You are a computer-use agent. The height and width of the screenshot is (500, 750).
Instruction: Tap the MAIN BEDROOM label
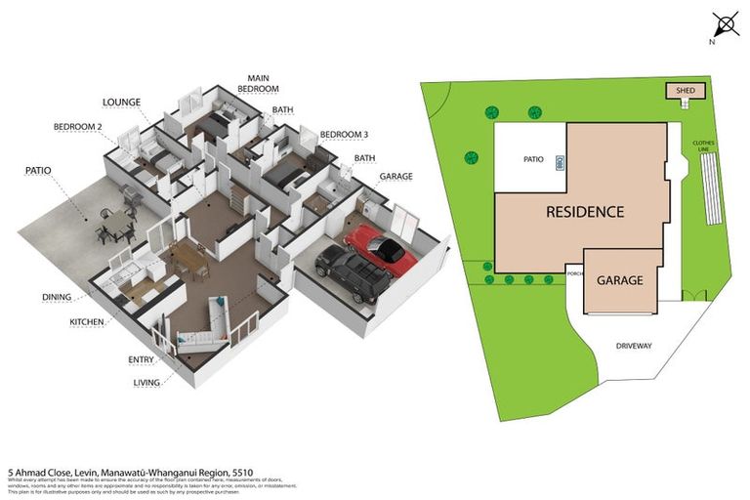pyautogui.click(x=259, y=83)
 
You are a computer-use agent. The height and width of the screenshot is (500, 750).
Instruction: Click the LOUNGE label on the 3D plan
pyautogui.click(x=122, y=101)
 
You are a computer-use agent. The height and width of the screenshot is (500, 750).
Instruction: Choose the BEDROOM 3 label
pyautogui.click(x=344, y=134)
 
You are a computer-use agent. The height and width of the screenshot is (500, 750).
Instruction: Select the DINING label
pyautogui.click(x=58, y=297)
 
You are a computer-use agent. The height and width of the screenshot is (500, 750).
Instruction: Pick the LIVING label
pyautogui.click(x=147, y=383)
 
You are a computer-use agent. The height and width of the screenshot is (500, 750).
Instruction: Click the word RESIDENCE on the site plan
pyautogui.click(x=584, y=211)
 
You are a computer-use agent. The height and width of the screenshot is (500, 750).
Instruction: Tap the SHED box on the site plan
pyautogui.click(x=681, y=91)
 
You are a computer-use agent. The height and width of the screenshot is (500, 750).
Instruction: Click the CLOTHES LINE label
pyautogui.click(x=704, y=146)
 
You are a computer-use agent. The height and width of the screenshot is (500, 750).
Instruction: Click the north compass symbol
pyautogui.click(x=724, y=24)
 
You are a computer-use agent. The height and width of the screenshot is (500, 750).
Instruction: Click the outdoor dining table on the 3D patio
pyautogui.click(x=115, y=225)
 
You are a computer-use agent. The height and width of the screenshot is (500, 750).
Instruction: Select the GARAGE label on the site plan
pyautogui.click(x=619, y=280)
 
